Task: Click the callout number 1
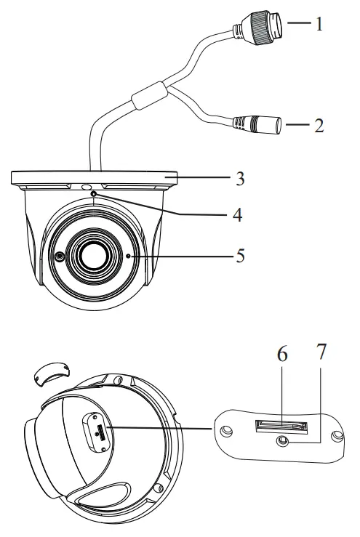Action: click(x=317, y=23)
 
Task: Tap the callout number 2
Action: click(x=317, y=124)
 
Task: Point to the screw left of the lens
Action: click(x=58, y=256)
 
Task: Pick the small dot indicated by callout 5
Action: click(x=129, y=256)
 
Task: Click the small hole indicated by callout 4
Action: click(x=94, y=193)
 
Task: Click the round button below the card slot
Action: click(x=280, y=439)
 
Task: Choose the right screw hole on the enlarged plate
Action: click(x=336, y=437)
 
